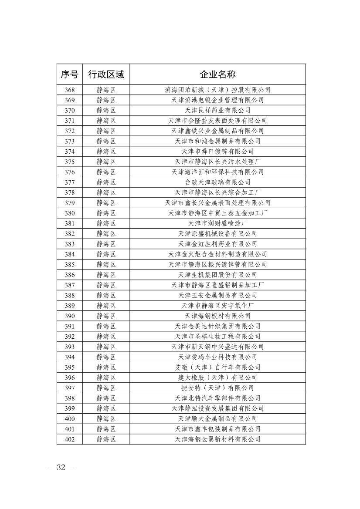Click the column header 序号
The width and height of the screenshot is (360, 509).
click(x=69, y=74)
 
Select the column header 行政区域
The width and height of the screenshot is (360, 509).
click(x=106, y=74)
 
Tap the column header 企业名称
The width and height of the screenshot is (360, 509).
click(x=217, y=74)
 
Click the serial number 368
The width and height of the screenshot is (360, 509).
click(x=69, y=90)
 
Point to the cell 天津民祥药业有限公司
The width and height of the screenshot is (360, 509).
click(x=217, y=110)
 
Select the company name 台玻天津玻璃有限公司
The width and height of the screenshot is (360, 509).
click(x=217, y=182)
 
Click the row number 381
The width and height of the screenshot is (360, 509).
click(x=69, y=223)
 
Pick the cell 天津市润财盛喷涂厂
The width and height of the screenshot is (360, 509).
click(x=217, y=223)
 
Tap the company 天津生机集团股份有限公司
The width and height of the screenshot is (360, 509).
click(x=217, y=275)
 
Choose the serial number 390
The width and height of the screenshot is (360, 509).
click(x=69, y=316)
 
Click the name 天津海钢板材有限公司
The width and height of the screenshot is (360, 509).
click(x=217, y=316)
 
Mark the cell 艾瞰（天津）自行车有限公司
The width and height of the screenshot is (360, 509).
click(x=217, y=367)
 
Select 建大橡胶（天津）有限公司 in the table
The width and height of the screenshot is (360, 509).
click(x=217, y=378)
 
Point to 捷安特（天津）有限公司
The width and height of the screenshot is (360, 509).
click(x=217, y=388)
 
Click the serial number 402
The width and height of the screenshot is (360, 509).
click(x=69, y=439)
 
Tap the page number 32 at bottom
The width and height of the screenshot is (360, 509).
click(x=61, y=468)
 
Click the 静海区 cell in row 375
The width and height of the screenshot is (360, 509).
click(x=106, y=162)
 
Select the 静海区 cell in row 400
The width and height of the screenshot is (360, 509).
click(x=106, y=419)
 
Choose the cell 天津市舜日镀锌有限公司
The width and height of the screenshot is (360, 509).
click(x=217, y=152)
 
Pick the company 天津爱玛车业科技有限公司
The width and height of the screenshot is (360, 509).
click(x=217, y=357)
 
